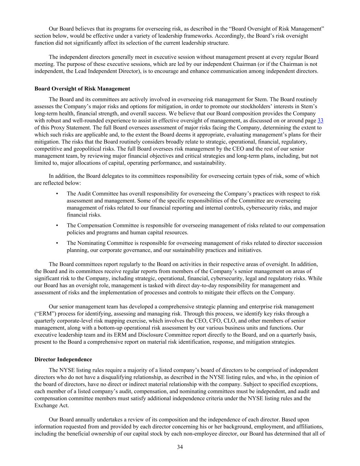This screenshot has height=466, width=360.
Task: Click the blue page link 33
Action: [x=320, y=121]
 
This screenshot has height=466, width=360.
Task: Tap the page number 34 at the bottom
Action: [x=180, y=447]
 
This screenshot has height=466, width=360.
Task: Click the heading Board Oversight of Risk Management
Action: [x=82, y=89]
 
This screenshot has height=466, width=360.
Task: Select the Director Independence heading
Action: [x=63, y=359]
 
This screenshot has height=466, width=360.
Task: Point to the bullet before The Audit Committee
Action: [x=57, y=194]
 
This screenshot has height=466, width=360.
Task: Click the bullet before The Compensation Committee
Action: [x=57, y=226]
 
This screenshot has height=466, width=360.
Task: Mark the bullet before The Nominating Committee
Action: [x=57, y=243]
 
